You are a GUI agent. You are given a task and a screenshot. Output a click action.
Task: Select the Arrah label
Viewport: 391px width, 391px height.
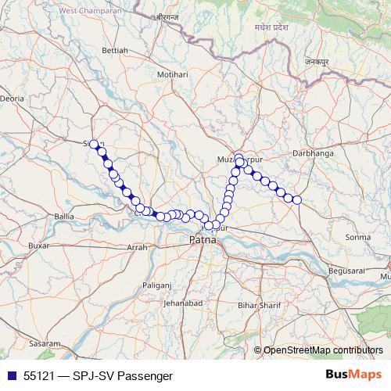[x=137, y=247]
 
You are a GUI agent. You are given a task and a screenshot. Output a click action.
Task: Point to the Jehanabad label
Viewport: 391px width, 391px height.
[x=185, y=303]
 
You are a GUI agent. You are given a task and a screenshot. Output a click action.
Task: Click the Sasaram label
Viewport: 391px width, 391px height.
[x=43, y=343]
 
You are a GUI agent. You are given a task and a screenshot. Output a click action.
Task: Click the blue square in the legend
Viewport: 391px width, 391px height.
[x=11, y=375]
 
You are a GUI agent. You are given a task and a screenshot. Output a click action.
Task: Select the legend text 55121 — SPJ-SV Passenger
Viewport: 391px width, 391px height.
[x=98, y=375]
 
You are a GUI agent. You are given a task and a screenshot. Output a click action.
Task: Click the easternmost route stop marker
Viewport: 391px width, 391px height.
[x=297, y=200]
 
